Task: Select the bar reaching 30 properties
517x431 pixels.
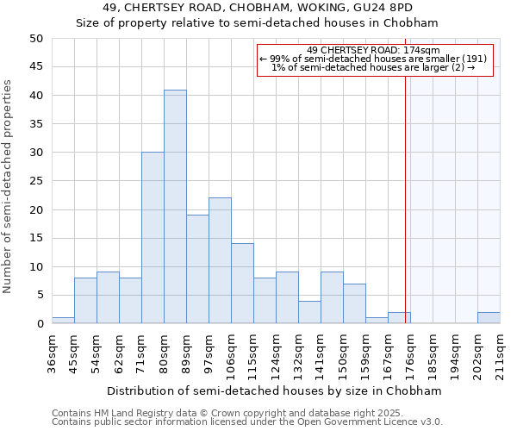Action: pyautogui.click(x=153, y=238)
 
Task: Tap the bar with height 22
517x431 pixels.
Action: pyautogui.click(x=220, y=260)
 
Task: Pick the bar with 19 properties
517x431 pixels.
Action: pyautogui.click(x=197, y=269)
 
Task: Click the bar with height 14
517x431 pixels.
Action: pyautogui.click(x=242, y=284)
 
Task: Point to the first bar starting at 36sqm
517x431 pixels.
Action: pyautogui.click(x=63, y=321)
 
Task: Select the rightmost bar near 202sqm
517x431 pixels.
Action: pyautogui.click(x=489, y=318)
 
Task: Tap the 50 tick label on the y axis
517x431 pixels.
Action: pyautogui.click(x=35, y=39)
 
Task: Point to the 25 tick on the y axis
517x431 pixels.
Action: pyautogui.click(x=35, y=181)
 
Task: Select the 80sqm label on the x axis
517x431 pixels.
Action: pyautogui.click(x=164, y=353)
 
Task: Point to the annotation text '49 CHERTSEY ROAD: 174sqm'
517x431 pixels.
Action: pyautogui.click(x=373, y=50)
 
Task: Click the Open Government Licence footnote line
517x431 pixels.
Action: pyautogui.click(x=247, y=422)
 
